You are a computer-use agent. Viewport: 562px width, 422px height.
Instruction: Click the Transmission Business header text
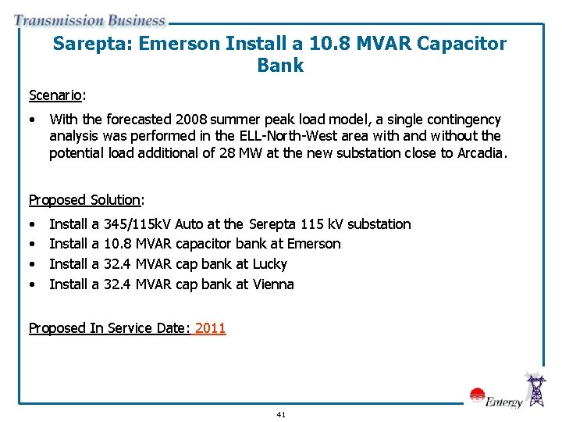coord(90,20)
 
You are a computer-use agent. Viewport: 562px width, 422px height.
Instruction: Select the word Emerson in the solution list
coord(314,244)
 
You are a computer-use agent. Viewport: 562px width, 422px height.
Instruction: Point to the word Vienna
coord(273,284)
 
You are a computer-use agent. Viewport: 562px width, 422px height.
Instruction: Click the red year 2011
coord(210,328)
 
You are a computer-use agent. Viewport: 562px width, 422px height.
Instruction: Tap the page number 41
coord(281,414)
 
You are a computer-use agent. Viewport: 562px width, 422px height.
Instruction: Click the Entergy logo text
coord(503,402)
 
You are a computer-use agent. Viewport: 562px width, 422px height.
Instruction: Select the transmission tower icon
coord(536,390)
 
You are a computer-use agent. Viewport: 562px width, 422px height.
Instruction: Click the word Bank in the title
coord(280,66)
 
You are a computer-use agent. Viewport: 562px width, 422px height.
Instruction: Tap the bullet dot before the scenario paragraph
coord(32,120)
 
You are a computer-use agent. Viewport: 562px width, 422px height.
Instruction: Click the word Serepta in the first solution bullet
coord(274,224)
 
